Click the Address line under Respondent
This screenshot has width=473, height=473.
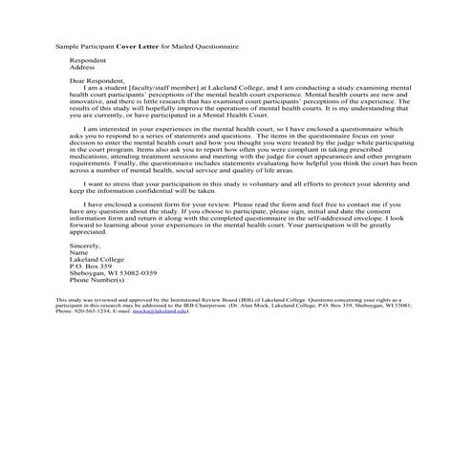click(82, 68)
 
